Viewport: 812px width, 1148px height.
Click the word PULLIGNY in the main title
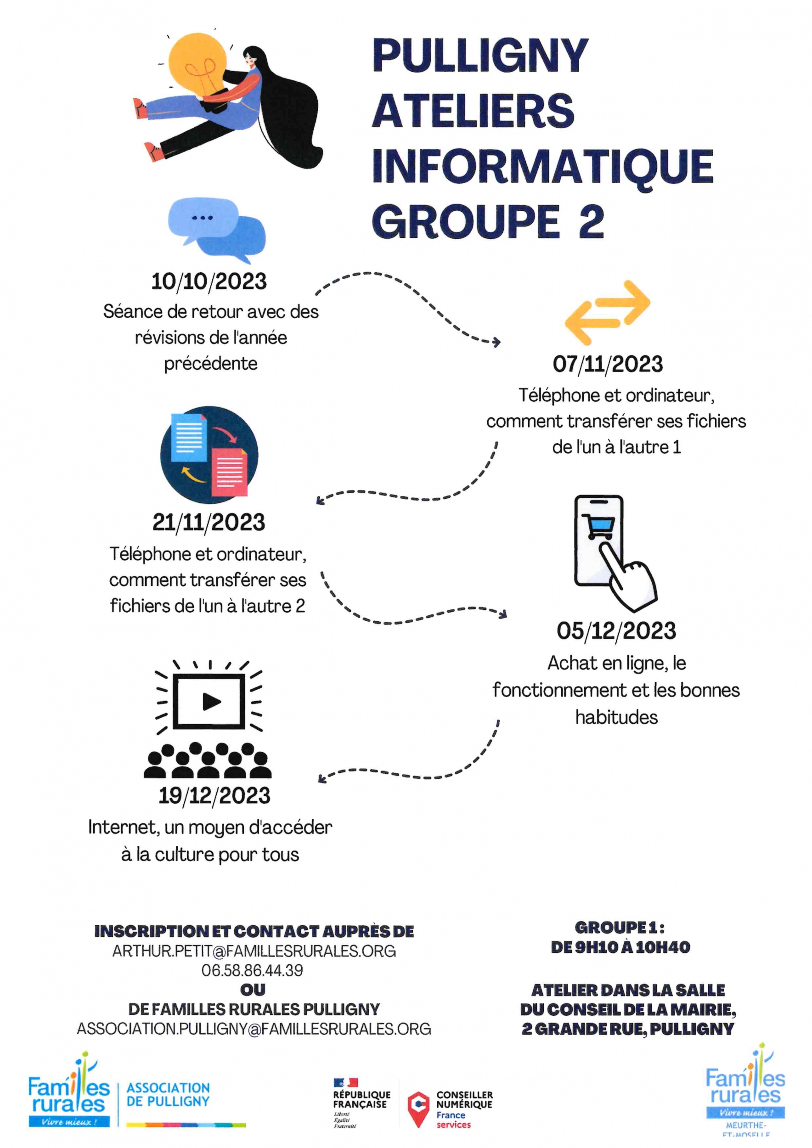[480, 56]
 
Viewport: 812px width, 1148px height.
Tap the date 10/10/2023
[209, 281]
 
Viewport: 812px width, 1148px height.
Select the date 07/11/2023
[608, 364]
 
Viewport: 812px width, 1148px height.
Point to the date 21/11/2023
[209, 523]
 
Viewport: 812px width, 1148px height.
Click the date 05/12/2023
[616, 631]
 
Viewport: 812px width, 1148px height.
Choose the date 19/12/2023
[214, 795]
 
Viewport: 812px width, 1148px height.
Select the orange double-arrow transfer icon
[607, 313]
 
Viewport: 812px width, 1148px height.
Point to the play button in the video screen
[212, 702]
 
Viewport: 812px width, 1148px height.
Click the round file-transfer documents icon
[209, 455]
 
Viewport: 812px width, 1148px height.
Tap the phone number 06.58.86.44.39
[252, 970]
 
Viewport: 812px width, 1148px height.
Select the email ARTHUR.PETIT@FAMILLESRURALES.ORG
[254, 951]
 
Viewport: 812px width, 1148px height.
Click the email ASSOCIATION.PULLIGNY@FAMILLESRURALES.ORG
[254, 1029]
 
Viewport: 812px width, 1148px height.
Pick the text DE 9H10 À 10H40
[620, 947]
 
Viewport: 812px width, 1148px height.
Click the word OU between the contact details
[253, 990]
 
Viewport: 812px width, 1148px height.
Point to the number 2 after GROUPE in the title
[592, 221]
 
